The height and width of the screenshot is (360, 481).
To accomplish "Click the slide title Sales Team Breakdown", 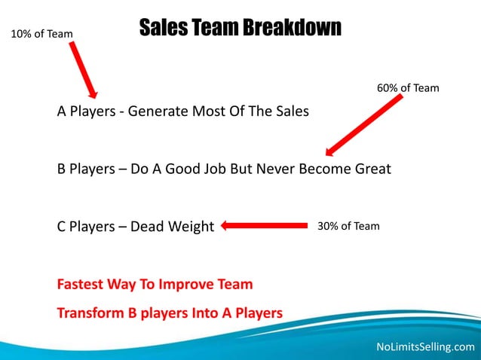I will pyautogui.click(x=240, y=29).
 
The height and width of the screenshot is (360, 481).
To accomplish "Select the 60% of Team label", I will pyautogui.click(x=407, y=88).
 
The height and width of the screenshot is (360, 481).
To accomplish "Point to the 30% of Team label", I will pyautogui.click(x=348, y=226).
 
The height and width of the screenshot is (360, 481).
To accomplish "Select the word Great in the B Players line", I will pyautogui.click(x=372, y=169).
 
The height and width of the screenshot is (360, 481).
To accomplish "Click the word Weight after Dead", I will pyautogui.click(x=191, y=227).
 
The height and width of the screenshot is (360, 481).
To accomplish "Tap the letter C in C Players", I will pyautogui.click(x=63, y=227).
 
